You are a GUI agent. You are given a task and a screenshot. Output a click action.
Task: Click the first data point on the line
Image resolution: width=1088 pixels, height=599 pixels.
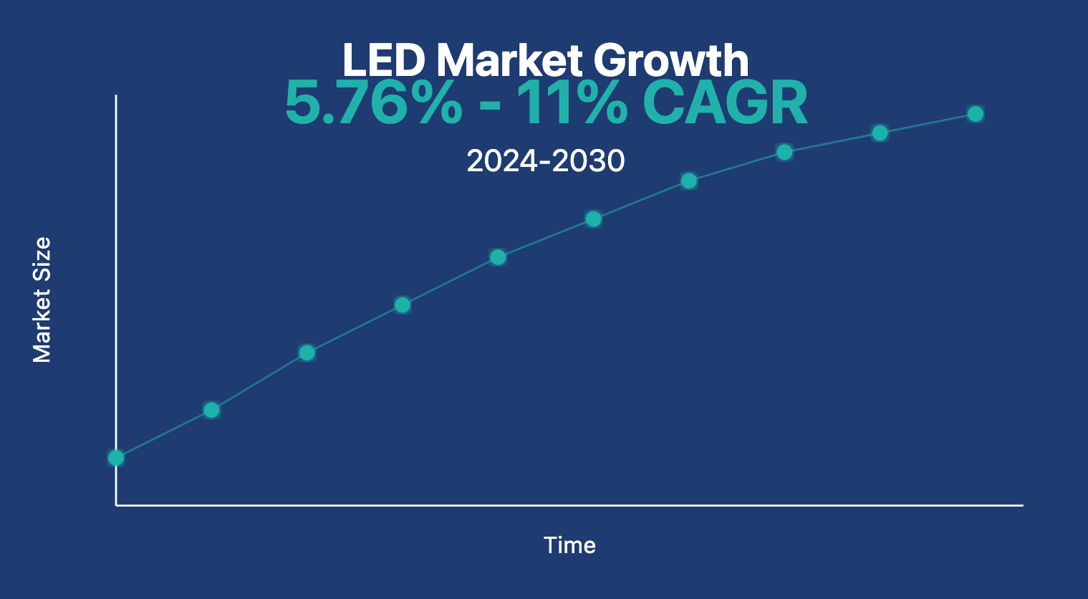pyautogui.click(x=116, y=458)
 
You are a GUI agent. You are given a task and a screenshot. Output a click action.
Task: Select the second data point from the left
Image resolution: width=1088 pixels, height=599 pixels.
pyautogui.click(x=211, y=410)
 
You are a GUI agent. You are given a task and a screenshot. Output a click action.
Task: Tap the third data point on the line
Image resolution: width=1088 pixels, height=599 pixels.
pyautogui.click(x=307, y=353)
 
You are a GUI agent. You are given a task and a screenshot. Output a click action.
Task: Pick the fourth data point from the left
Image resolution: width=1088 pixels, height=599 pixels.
pyautogui.click(x=403, y=305)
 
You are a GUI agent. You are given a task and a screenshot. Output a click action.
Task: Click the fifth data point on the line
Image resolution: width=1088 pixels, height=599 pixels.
pyautogui.click(x=498, y=257)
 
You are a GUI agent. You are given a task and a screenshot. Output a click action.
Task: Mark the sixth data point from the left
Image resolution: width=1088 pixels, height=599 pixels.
pyautogui.click(x=593, y=219)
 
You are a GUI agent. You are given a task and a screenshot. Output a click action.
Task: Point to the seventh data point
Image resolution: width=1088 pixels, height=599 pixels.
pyautogui.click(x=688, y=181)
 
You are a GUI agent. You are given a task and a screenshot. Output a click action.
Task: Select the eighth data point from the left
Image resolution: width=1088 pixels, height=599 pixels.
pyautogui.click(x=784, y=152)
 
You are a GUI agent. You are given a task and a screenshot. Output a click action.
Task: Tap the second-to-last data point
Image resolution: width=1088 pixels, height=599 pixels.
pyautogui.click(x=880, y=133)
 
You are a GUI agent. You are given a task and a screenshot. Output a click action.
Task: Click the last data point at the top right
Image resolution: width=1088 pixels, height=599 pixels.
pyautogui.click(x=975, y=114)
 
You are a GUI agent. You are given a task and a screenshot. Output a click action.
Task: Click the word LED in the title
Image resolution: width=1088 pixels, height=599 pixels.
pyautogui.click(x=384, y=60)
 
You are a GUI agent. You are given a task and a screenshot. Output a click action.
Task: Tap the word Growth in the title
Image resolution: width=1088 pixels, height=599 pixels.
pyautogui.click(x=670, y=60)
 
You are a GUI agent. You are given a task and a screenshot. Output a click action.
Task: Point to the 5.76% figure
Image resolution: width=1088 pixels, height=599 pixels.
pyautogui.click(x=373, y=103)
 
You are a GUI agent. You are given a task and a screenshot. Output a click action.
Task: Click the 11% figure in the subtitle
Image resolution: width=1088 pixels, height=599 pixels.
pyautogui.click(x=572, y=103)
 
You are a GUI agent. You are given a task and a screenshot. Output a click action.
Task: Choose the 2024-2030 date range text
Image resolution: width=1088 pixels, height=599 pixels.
pyautogui.click(x=545, y=160)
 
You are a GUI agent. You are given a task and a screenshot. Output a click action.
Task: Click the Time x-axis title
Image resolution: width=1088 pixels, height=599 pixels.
pyautogui.click(x=569, y=545)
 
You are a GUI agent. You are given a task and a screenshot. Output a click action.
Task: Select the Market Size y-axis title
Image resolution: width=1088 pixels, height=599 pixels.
pyautogui.click(x=42, y=299)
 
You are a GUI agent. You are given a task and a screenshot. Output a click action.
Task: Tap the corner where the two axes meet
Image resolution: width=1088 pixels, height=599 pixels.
pyautogui.click(x=116, y=505)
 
